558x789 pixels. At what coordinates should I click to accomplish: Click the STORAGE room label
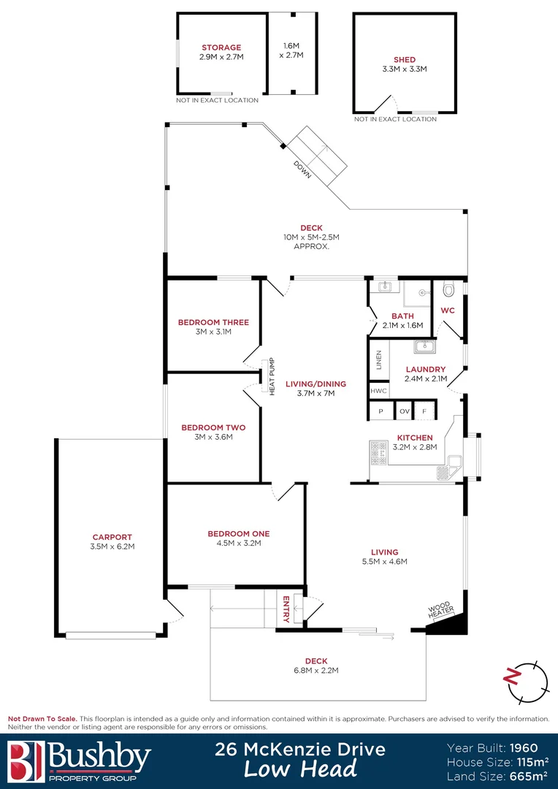(221, 47)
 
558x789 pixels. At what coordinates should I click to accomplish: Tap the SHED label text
(404, 60)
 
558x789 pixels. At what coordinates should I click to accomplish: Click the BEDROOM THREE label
(213, 322)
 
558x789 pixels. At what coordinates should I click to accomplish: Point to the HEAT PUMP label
(271, 376)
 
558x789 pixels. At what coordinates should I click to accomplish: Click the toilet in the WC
(448, 290)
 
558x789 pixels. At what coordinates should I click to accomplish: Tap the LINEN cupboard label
(378, 361)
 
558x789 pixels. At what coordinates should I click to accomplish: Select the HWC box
(378, 391)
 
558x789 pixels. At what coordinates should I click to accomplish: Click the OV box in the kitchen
(404, 412)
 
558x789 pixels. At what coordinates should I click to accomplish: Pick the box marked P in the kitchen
(381, 412)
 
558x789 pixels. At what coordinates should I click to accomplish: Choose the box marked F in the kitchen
(424, 412)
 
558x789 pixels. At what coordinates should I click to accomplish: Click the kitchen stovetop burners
(378, 454)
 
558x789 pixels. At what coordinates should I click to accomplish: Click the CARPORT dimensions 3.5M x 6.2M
(112, 546)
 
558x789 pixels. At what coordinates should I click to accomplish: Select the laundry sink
(424, 346)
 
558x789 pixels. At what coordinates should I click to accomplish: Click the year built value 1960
(524, 747)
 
